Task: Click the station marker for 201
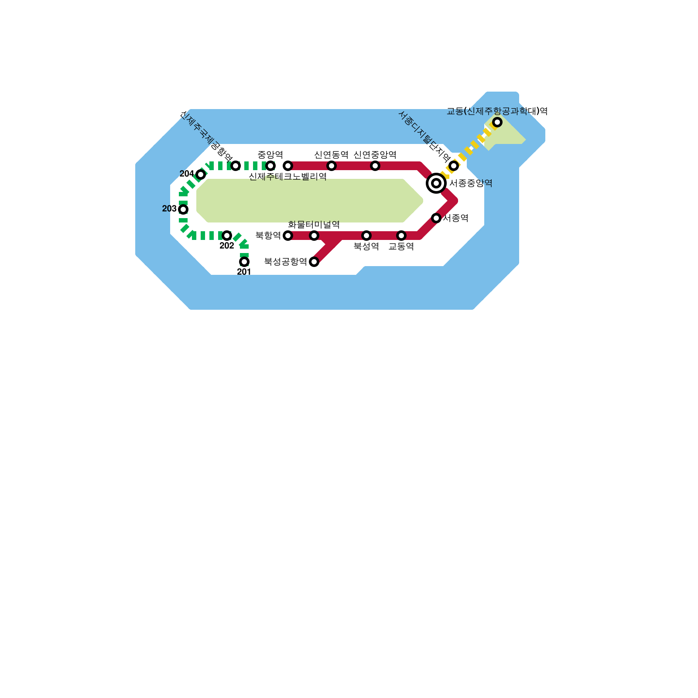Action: pyautogui.click(x=244, y=262)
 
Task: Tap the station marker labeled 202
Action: pyautogui.click(x=227, y=236)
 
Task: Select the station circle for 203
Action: pyautogui.click(x=183, y=209)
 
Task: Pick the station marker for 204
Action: pyautogui.click(x=201, y=174)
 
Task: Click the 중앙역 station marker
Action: pyautogui.click(x=270, y=166)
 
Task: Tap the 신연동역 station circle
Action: pyautogui.click(x=332, y=166)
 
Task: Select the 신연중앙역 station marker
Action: pyautogui.click(x=375, y=166)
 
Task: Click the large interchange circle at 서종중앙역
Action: pyautogui.click(x=436, y=183)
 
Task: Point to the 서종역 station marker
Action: pyautogui.click(x=436, y=218)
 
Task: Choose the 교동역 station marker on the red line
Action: pyautogui.click(x=401, y=236)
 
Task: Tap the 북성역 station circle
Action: pyautogui.click(x=366, y=236)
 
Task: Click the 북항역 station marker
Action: pyautogui.click(x=288, y=236)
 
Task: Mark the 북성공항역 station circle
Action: pyautogui.click(x=314, y=262)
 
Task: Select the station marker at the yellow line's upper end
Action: pyautogui.click(x=497, y=122)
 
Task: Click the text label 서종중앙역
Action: pyautogui.click(x=471, y=183)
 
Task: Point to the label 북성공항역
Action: pyautogui.click(x=285, y=262)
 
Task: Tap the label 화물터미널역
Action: pyautogui.click(x=314, y=225)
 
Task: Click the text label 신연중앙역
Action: pyautogui.click(x=375, y=155)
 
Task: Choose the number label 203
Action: pyautogui.click(x=169, y=209)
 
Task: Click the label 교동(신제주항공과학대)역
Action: pyautogui.click(x=497, y=111)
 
